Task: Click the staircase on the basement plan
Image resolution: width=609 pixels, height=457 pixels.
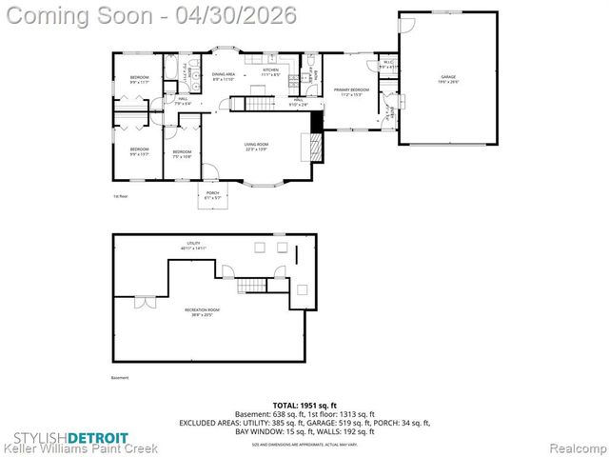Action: click(x=251, y=285)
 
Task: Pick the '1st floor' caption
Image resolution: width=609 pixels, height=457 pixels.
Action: click(x=121, y=196)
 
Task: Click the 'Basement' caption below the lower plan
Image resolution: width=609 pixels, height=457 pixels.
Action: click(x=120, y=377)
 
